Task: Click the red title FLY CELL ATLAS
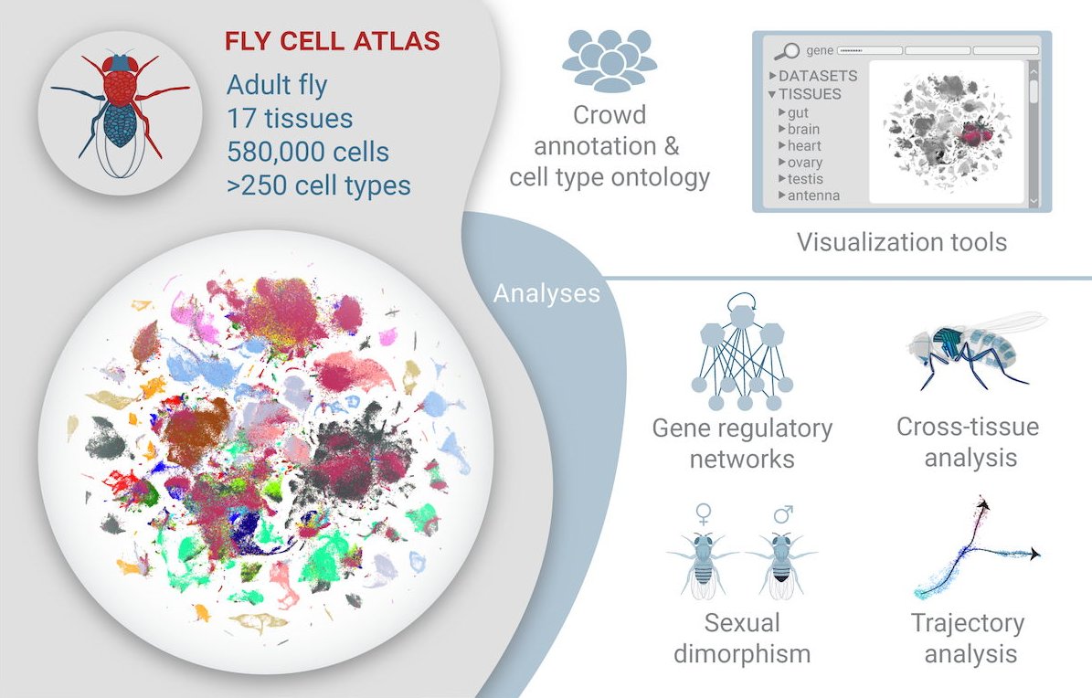(333, 41)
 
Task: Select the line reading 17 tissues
(290, 120)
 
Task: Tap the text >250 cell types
(318, 185)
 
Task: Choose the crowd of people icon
(610, 61)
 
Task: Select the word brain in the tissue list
(803, 130)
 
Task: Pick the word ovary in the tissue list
(805, 163)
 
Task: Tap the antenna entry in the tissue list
(813, 196)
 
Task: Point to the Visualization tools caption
(901, 242)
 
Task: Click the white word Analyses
(546, 293)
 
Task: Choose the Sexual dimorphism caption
(742, 639)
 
